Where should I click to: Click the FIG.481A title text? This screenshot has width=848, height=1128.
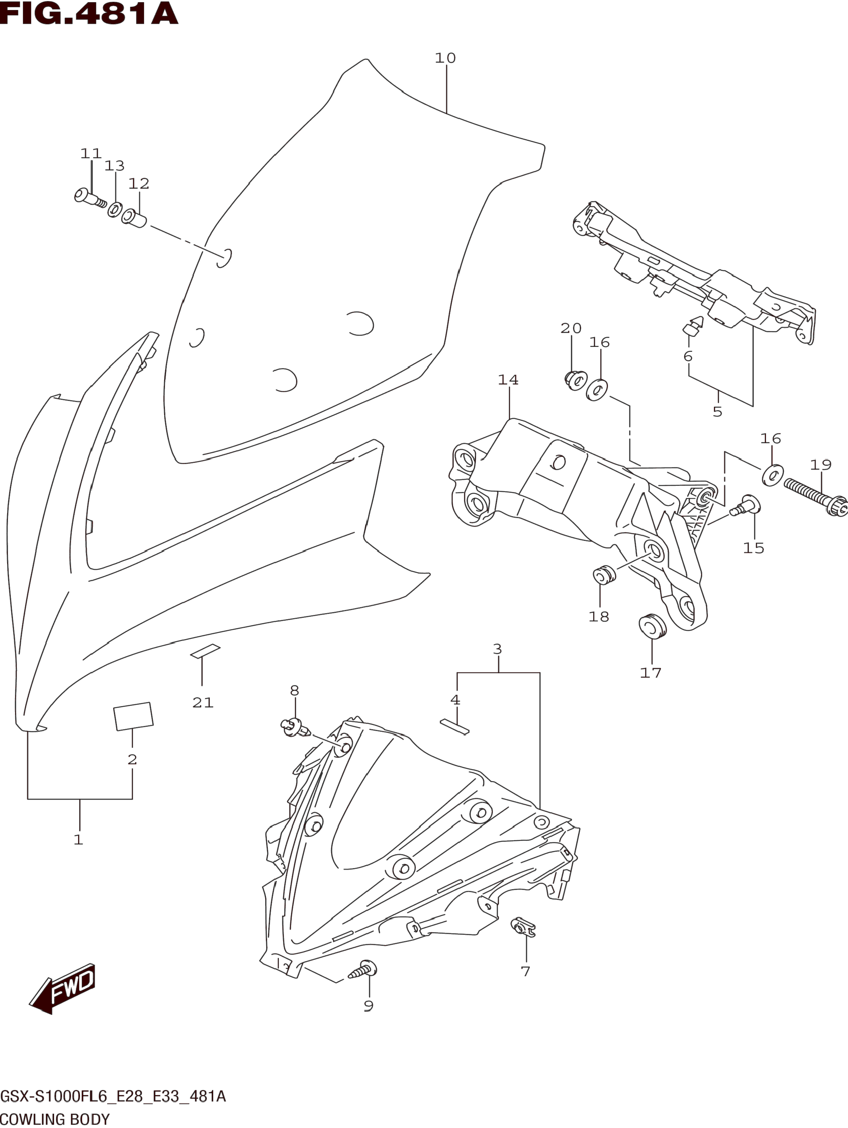(89, 14)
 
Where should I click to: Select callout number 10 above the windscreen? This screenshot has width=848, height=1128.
(445, 58)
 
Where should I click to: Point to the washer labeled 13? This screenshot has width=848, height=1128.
(115, 209)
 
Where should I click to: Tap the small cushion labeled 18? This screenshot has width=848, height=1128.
(604, 575)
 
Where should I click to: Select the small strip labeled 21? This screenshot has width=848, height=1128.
(205, 651)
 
